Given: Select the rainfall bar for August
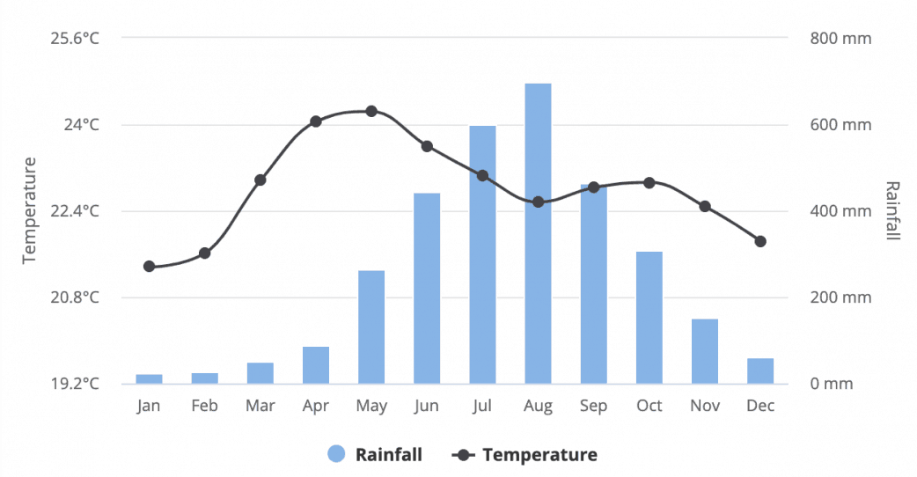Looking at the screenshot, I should point(538,233).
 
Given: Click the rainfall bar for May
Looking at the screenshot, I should point(371,327).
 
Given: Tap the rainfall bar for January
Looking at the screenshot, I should point(149,378).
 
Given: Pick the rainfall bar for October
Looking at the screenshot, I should point(649,317).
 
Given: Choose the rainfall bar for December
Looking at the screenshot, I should point(760,371).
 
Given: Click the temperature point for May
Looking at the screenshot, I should point(371,111).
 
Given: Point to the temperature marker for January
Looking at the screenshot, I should point(149,266).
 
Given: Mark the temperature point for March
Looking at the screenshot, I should point(260,180).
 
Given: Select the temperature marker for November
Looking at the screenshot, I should point(705,206).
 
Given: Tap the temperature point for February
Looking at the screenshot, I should point(204,253).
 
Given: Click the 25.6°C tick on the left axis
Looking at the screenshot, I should point(74,39).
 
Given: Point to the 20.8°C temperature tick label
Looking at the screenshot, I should point(74,297).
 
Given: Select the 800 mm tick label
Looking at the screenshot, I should point(840,39).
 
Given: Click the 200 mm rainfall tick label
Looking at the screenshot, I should point(840,297).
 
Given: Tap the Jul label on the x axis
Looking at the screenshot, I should point(482,406).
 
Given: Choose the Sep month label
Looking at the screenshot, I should point(593,406).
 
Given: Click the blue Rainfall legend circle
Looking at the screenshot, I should point(336,454).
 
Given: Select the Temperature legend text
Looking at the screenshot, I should point(539,455).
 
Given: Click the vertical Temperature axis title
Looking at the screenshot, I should point(29,209).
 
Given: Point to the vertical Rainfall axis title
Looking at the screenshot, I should point(892,210).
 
